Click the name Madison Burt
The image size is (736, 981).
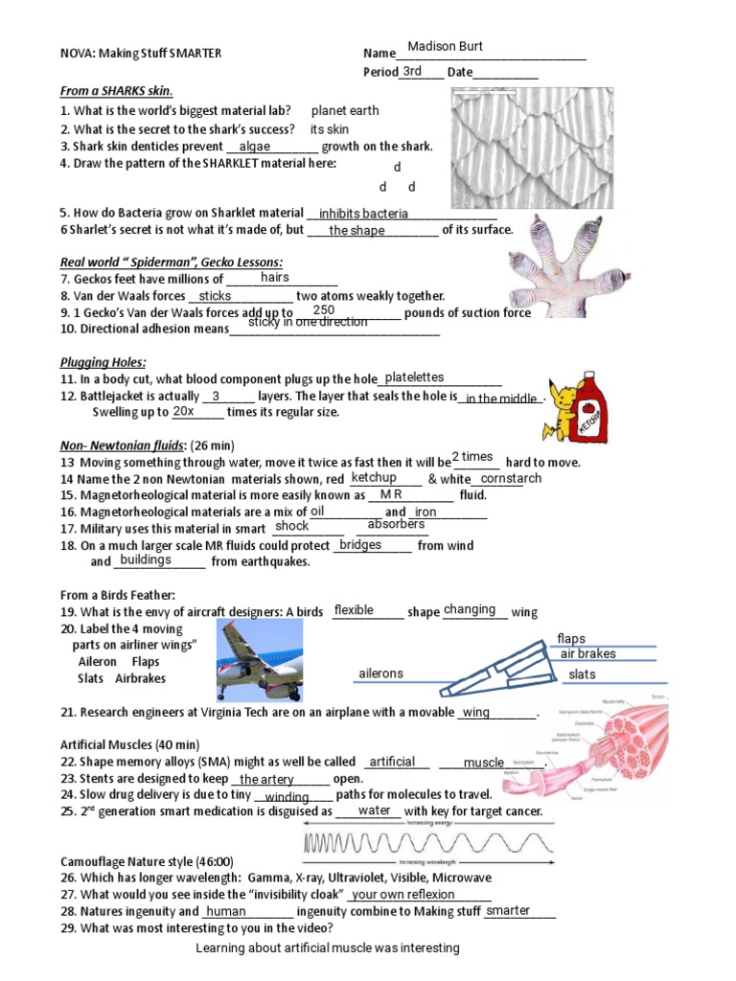[445, 47]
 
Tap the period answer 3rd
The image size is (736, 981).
[412, 71]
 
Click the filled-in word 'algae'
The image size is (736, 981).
[255, 147]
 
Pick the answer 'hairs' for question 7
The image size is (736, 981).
[274, 277]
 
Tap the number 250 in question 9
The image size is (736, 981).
[324, 310]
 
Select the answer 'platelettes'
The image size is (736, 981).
[414, 377]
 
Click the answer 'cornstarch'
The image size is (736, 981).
[510, 478]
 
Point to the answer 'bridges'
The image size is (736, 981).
[360, 544]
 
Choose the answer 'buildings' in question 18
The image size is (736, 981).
[146, 559]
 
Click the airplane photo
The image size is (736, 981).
[261, 661]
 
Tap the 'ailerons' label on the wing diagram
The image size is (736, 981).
[380, 673]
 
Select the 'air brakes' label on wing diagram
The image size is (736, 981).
[587, 653]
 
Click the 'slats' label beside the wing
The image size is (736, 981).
[582, 674]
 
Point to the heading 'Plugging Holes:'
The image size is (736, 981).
[103, 361]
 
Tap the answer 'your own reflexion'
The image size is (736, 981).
[403, 895]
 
